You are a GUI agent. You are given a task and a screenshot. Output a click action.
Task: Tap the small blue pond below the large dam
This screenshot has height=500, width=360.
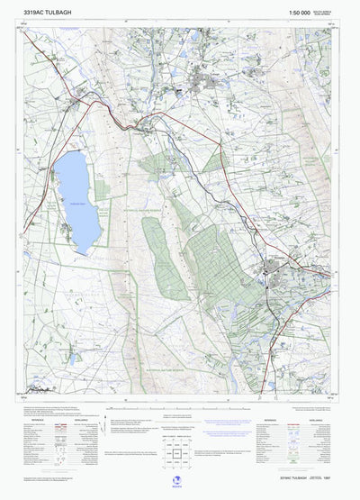(x=75, y=359)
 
